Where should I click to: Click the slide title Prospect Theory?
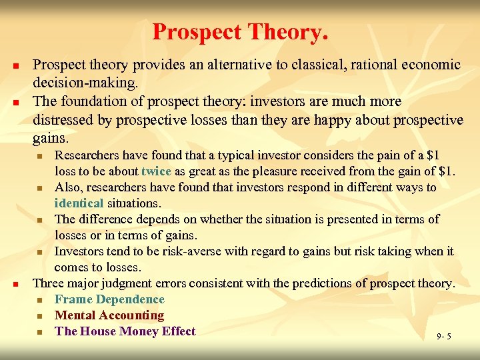click(x=240, y=31)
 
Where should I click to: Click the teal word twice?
click(x=156, y=171)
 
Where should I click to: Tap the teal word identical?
click(x=79, y=203)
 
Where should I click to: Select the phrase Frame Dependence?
click(x=109, y=299)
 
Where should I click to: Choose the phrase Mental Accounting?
click(x=109, y=315)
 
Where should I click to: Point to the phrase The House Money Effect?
click(x=125, y=331)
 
